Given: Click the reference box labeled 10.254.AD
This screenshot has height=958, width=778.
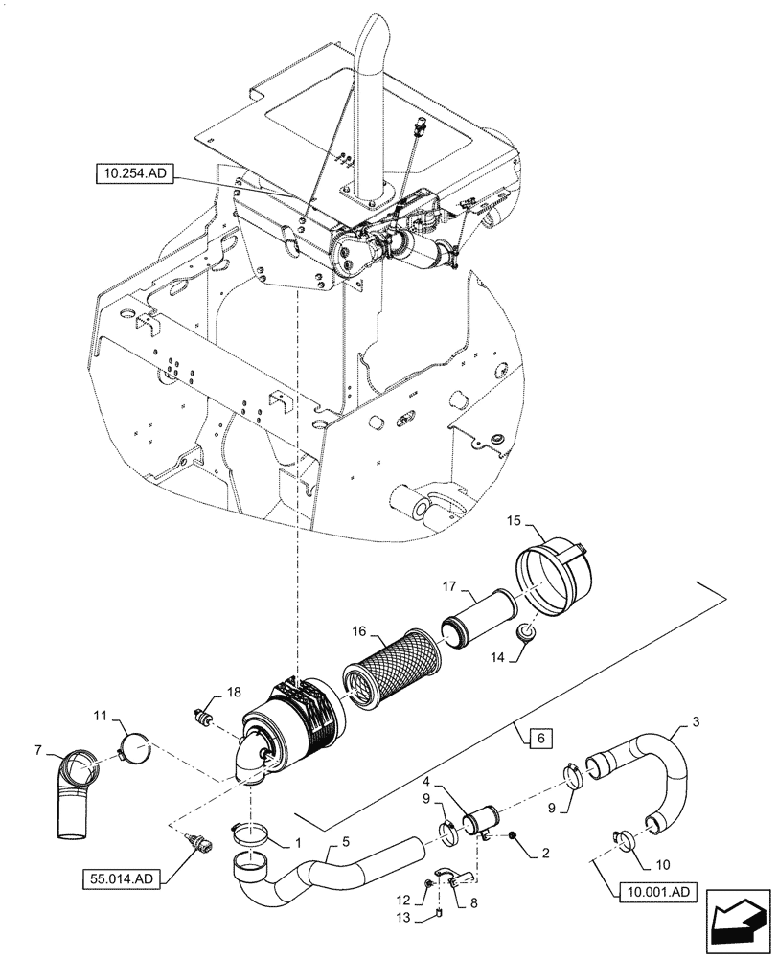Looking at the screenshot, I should point(134,173).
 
